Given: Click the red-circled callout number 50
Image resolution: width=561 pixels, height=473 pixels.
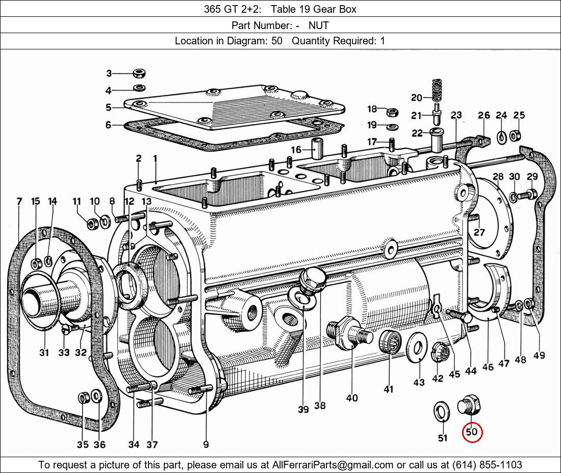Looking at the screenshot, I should (x=472, y=432).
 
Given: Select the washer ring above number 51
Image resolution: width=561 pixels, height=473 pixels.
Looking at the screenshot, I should (x=441, y=411).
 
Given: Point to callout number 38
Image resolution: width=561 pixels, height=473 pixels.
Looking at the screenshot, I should (x=320, y=406).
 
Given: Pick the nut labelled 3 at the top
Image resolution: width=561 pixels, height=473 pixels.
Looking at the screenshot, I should (x=138, y=73).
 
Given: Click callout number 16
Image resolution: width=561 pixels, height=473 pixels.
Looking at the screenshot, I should (x=296, y=149).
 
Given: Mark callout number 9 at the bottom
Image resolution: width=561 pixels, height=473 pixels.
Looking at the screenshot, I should (x=206, y=444).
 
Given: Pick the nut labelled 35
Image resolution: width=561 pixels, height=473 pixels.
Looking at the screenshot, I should (x=83, y=398).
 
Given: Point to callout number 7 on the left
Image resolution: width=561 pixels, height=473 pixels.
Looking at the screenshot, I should (x=19, y=202).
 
